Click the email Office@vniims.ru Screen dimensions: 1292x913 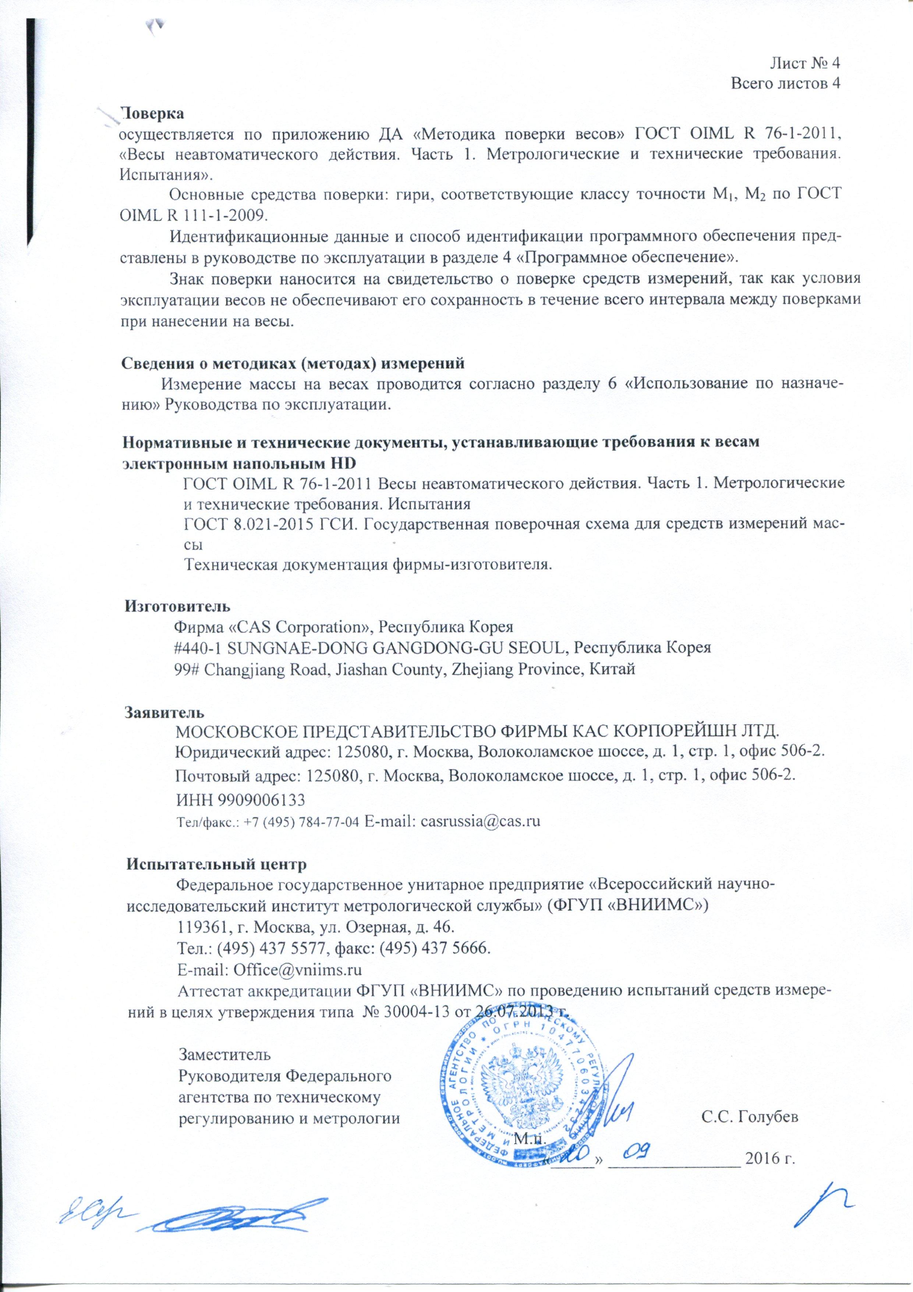coord(293,968)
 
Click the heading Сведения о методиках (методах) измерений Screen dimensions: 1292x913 coord(294,363)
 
